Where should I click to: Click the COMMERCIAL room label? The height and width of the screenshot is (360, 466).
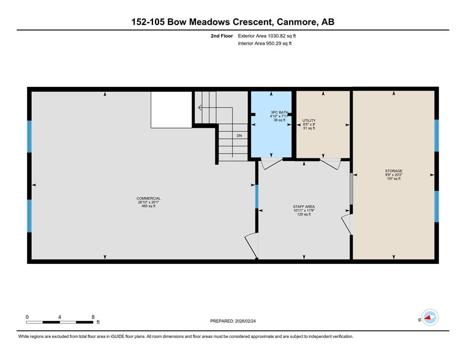tap(148, 198)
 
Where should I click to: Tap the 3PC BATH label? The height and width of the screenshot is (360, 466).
tap(279, 112)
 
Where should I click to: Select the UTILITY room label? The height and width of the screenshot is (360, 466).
tap(309, 121)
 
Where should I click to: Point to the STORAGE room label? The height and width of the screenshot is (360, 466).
tap(394, 171)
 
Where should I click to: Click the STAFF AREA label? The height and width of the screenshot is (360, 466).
tap(304, 207)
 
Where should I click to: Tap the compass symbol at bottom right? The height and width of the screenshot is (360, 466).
tap(430, 317)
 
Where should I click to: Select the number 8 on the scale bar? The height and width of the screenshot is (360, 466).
tap(92, 317)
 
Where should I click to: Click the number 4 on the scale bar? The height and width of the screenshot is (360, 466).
tap(59, 317)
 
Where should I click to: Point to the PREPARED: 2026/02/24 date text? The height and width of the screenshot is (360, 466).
tap(233, 321)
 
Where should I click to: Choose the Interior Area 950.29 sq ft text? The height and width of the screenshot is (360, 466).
tap(265, 44)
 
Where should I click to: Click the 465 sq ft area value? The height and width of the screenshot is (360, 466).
tap(148, 206)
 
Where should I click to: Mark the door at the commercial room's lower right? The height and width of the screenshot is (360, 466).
tap(251, 246)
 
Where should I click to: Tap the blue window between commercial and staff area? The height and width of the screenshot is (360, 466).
tap(257, 197)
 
